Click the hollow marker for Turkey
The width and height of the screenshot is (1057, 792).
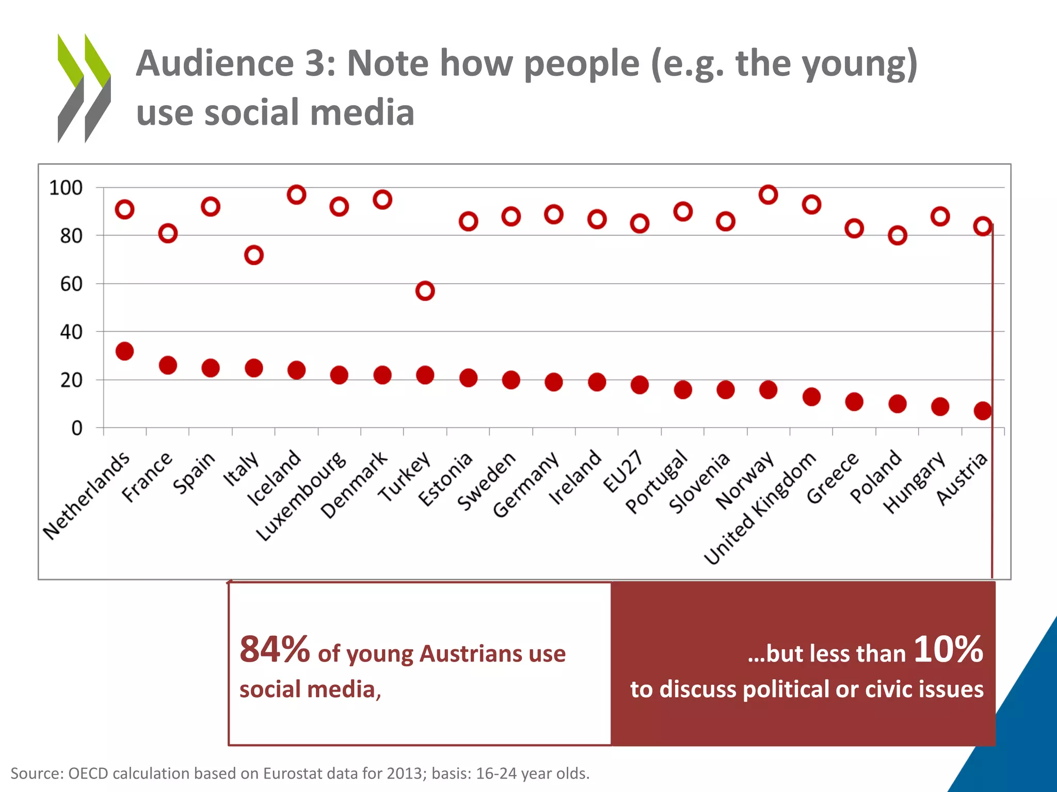click(425, 291)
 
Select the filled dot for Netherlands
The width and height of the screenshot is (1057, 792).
click(124, 351)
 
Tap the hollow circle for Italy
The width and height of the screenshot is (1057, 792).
click(253, 255)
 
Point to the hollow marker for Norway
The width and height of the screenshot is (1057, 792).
click(768, 194)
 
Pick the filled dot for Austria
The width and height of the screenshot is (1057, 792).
click(983, 410)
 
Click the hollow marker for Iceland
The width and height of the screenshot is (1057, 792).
click(296, 194)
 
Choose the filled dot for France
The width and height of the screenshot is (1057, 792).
click(168, 365)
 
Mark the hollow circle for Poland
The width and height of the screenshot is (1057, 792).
click(897, 236)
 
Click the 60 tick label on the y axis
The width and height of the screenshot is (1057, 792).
click(71, 284)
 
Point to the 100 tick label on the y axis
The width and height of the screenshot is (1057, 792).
click(66, 188)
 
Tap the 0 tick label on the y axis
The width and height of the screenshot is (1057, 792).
click(76, 428)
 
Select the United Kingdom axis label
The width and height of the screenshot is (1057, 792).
click(760, 508)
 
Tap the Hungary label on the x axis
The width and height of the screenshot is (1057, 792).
click(914, 482)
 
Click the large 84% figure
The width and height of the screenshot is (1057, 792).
click(275, 649)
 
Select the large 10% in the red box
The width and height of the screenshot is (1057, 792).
click(948, 649)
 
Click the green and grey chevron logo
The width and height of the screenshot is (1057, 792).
click(84, 88)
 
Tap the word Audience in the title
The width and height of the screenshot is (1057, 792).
click(215, 63)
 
